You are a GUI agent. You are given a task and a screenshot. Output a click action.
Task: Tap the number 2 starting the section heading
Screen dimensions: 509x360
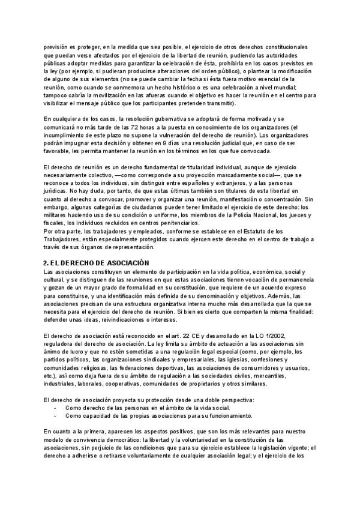[46, 263]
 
